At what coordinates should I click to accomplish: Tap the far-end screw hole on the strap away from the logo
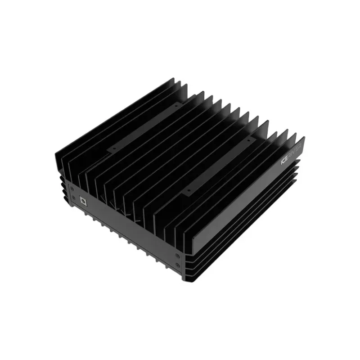[x=176, y=106]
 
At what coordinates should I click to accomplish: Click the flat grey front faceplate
[x=126, y=225]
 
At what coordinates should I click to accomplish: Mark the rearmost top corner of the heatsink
[x=173, y=80]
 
